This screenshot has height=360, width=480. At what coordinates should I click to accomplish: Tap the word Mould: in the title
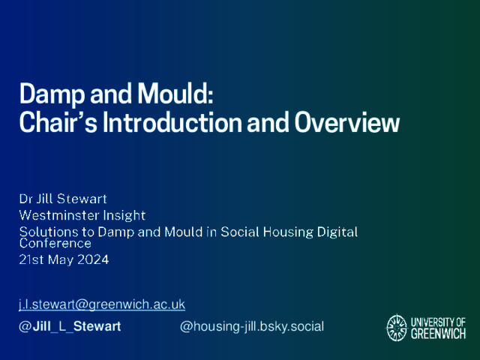click(x=175, y=94)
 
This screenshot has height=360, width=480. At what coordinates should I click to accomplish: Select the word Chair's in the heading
click(x=58, y=121)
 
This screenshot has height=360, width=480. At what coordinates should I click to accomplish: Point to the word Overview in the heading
click(x=347, y=121)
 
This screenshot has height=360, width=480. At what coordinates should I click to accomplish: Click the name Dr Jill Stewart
click(x=63, y=199)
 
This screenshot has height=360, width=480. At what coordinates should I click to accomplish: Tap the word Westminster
click(x=59, y=215)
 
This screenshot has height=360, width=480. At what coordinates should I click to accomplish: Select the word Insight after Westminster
click(x=124, y=216)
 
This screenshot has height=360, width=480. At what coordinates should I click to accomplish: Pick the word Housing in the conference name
click(x=288, y=232)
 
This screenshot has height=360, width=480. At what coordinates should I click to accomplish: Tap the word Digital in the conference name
click(x=337, y=232)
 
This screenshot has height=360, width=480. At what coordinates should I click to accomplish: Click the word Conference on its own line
click(x=55, y=243)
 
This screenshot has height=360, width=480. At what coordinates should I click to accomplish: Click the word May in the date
click(x=61, y=260)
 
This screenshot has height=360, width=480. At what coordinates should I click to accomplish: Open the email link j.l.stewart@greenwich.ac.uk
click(x=102, y=304)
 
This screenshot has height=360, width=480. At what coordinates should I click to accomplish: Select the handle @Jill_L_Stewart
click(x=70, y=326)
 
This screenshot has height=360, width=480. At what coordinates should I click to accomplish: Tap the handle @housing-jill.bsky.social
click(x=252, y=327)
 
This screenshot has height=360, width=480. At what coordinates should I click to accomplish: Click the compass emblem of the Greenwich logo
click(x=397, y=328)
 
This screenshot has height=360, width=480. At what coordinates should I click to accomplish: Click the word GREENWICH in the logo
click(x=438, y=334)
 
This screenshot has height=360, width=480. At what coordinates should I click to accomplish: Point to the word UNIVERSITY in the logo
click(x=430, y=322)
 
